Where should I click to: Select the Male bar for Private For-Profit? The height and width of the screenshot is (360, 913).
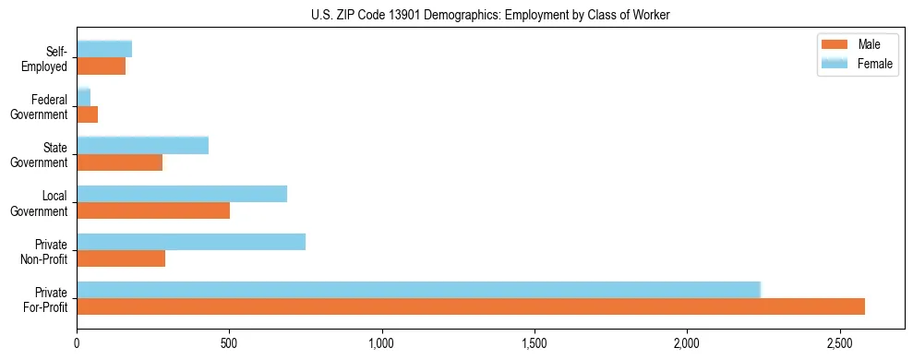click(x=471, y=306)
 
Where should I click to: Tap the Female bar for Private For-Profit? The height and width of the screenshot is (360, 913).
click(x=418, y=290)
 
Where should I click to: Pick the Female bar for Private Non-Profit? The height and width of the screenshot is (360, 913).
click(x=191, y=242)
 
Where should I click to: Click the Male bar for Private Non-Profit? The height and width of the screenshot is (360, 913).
click(x=121, y=258)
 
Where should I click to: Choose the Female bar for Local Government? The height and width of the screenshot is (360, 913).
click(x=182, y=194)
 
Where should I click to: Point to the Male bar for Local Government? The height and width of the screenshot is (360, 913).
click(x=153, y=210)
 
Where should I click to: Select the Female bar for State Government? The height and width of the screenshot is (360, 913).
click(x=143, y=146)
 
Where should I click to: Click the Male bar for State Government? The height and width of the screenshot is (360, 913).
click(x=120, y=162)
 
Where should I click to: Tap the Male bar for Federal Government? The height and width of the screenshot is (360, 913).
click(x=88, y=114)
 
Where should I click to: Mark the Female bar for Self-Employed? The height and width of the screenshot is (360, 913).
click(x=104, y=49)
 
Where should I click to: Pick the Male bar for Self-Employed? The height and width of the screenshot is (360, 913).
click(x=102, y=66)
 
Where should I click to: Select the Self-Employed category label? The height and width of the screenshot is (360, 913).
click(x=46, y=59)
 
